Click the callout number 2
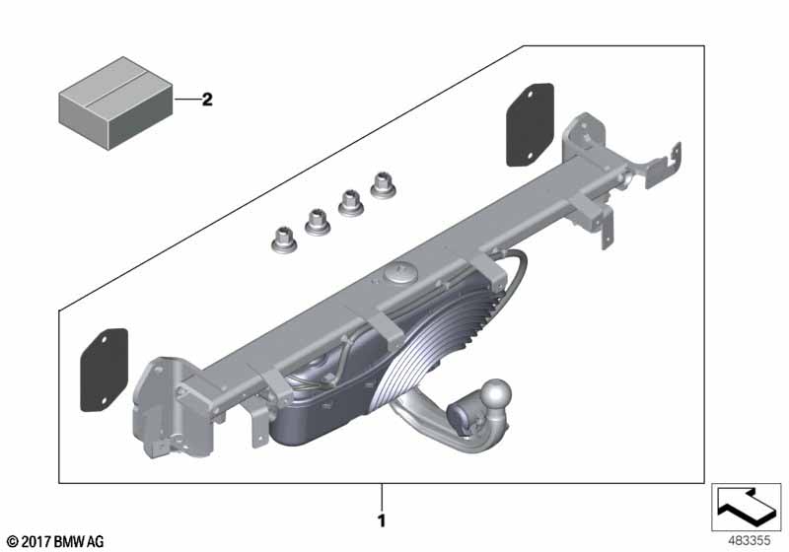click(207, 100)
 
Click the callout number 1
click(382, 520)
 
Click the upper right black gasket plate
click(530, 124)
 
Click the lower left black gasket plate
click(105, 370)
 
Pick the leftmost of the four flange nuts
click(284, 241)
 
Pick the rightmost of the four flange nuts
click(384, 185)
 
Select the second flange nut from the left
click(318, 222)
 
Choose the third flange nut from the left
click(351, 204)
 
